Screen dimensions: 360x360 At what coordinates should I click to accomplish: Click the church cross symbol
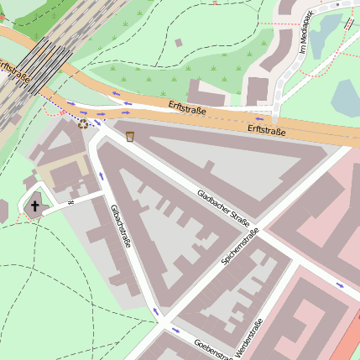tap(35, 206)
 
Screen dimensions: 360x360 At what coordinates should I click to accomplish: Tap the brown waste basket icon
tap(130, 136)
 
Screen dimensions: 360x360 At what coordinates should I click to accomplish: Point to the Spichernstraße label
tap(240, 248)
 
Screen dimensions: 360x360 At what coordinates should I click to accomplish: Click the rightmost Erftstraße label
tap(267, 130)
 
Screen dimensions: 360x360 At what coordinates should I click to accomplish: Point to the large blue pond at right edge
tap(347, 98)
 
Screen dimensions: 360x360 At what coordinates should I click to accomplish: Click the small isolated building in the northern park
tap(178, 42)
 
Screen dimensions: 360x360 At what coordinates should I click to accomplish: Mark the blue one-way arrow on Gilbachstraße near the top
tap(102, 176)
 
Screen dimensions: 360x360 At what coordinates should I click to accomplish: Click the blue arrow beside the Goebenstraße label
tap(175, 331)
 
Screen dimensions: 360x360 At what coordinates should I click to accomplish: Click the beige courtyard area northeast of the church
tap(59, 173)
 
